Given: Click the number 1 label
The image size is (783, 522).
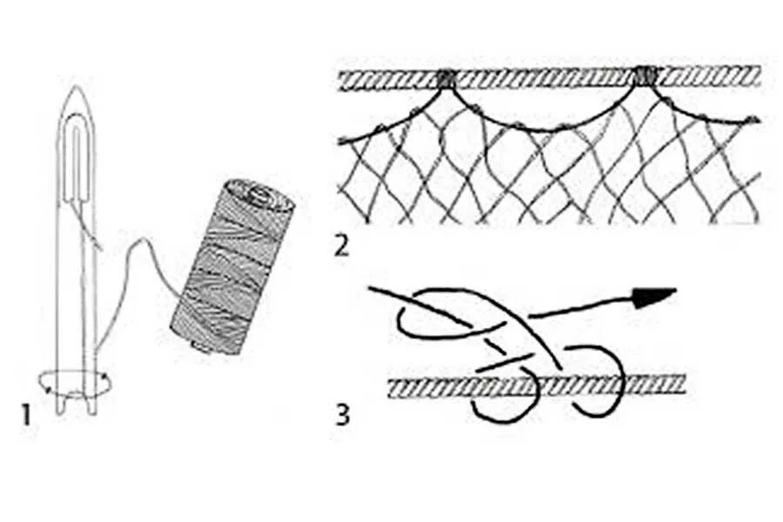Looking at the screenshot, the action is tap(26, 413).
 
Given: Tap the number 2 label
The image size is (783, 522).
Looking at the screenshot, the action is tap(342, 245).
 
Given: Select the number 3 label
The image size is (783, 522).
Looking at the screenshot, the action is tap(343, 413).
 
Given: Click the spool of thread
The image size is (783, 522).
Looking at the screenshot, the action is tap(232, 265).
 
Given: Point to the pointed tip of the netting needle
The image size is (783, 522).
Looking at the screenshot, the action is tap(77, 89).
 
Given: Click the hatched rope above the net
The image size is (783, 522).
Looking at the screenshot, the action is tap(548, 78).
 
